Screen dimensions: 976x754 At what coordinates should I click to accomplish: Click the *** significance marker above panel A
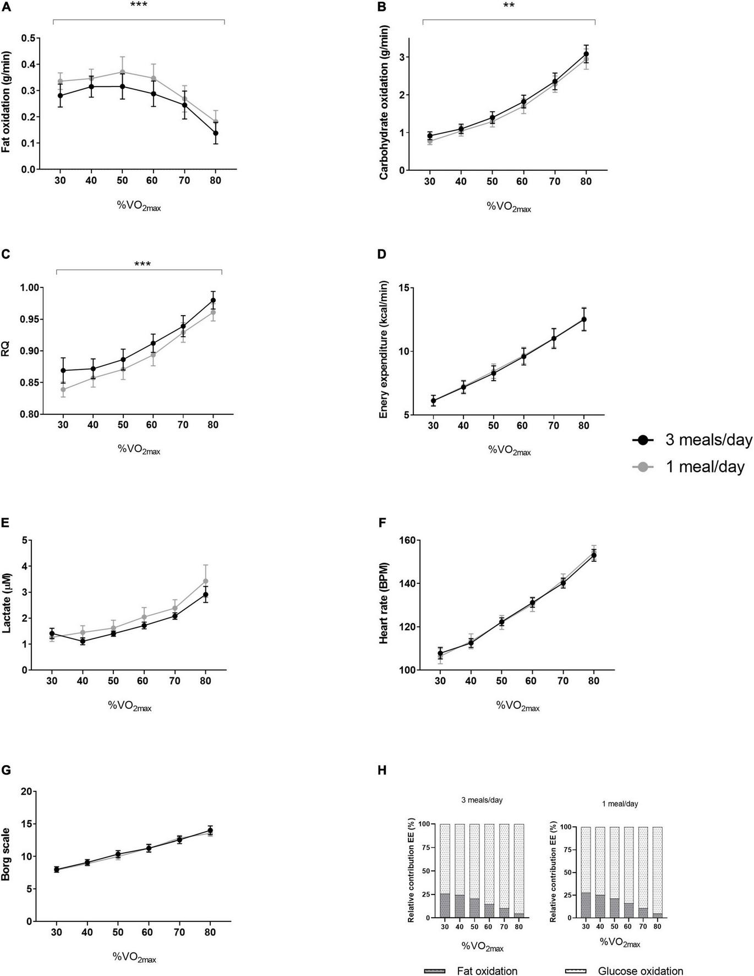point(139,6)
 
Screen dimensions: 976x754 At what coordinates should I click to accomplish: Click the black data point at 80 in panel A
point(216,133)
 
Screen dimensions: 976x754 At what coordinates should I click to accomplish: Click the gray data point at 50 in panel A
point(122,72)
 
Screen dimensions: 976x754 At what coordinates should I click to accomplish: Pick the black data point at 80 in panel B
point(586,54)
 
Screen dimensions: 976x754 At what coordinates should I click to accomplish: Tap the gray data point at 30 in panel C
point(63,389)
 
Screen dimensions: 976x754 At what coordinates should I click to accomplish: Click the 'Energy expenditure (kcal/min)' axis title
point(384,350)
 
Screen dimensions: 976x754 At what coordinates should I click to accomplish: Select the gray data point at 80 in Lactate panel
point(205,581)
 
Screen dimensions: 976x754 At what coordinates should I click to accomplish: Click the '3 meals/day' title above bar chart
point(482,800)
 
